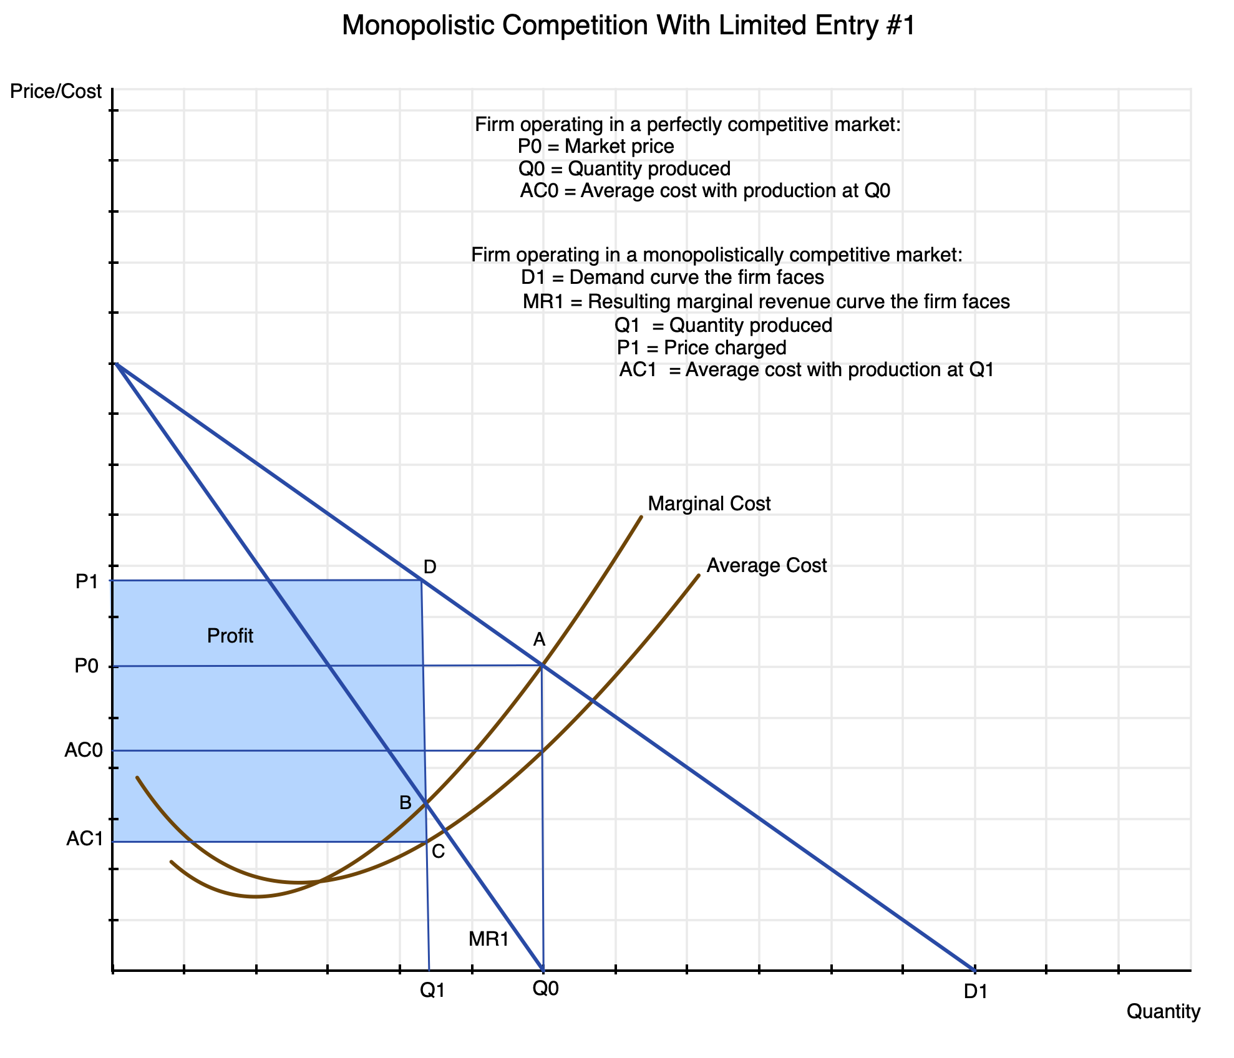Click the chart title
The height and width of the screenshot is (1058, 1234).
[628, 26]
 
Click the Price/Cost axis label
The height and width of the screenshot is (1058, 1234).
[56, 92]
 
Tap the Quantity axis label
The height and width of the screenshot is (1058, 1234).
[1163, 1012]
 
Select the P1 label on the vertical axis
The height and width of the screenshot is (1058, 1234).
[87, 582]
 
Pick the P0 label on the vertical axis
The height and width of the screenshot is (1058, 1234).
[87, 666]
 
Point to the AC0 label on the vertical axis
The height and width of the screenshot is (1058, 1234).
[83, 750]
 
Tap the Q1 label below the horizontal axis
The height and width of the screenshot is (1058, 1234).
[432, 991]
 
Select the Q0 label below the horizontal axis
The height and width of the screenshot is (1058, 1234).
[545, 988]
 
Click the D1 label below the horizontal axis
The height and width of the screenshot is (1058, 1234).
[976, 991]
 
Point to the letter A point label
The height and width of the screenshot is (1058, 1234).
[539, 639]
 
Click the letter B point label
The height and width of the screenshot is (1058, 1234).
[406, 803]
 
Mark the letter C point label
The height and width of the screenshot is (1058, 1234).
[438, 852]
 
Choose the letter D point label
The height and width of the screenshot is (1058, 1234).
[429, 567]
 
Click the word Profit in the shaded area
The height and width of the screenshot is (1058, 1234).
[230, 636]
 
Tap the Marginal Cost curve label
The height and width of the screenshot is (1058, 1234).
[709, 503]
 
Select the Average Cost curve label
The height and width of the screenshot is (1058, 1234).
[766, 566]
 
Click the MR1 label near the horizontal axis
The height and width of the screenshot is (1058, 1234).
[489, 939]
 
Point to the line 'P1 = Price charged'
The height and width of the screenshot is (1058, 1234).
[701, 347]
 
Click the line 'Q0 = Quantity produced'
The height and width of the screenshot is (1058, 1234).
[624, 169]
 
